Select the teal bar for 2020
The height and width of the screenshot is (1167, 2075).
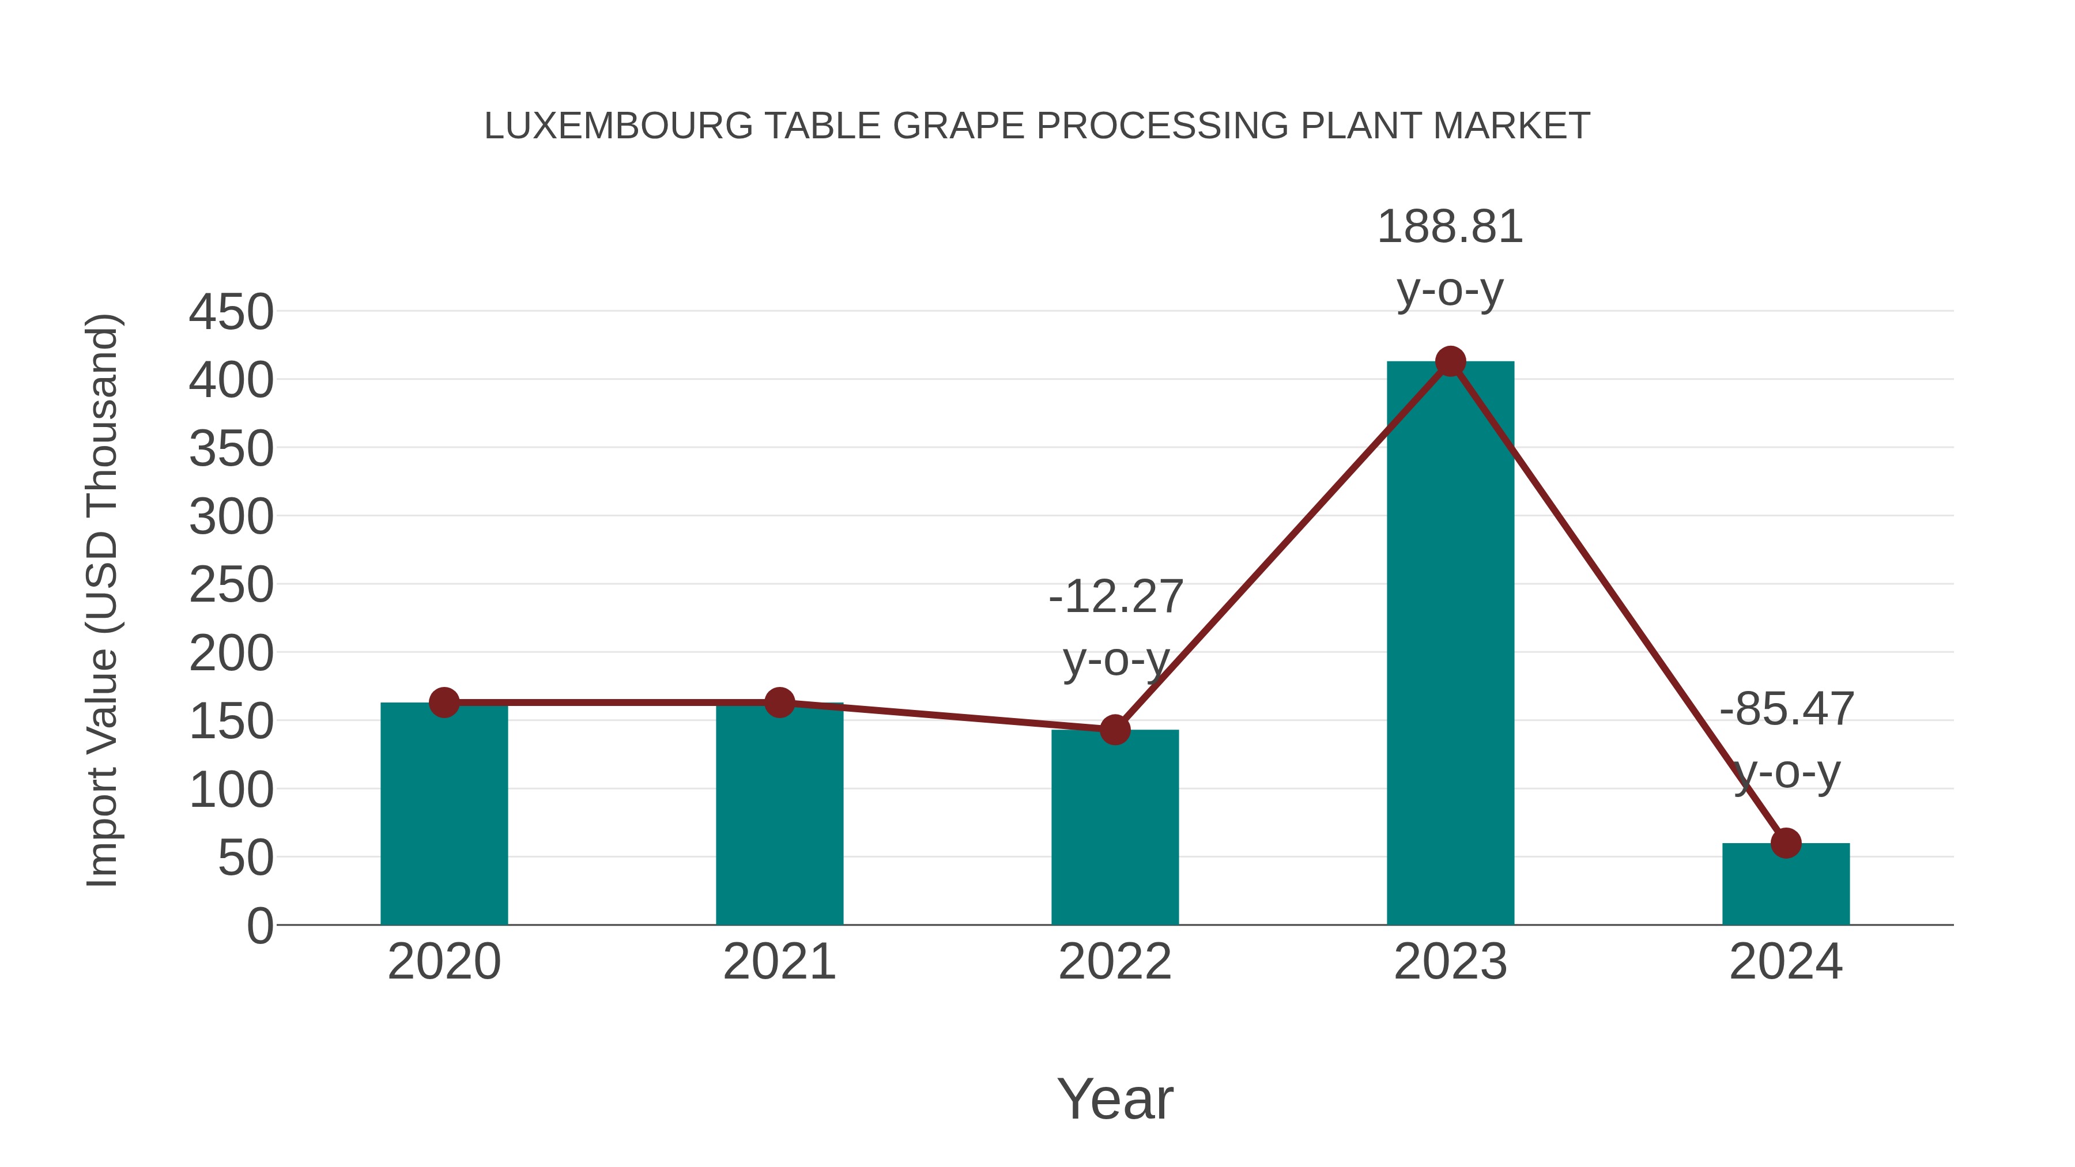coord(444,813)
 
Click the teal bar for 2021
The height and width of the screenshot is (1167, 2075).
coord(779,813)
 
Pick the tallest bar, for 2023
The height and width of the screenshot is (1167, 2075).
coord(1450,644)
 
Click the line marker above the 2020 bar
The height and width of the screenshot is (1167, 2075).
coord(444,703)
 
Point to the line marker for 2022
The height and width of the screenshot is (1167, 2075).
coord(1114,730)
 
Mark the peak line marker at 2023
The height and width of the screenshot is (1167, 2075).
coord(1450,361)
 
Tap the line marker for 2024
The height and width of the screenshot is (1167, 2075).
coord(1785,843)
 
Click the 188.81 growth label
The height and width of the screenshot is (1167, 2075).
coord(1450,227)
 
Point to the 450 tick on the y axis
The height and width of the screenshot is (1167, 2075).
coord(231,312)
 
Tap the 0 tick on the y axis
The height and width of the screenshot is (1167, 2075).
coord(259,926)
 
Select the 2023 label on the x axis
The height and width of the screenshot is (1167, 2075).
coord(1450,962)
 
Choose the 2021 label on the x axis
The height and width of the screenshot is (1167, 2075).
coord(779,962)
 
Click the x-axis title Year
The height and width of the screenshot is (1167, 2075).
coord(1115,1100)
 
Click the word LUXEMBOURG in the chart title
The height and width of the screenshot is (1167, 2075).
coord(618,126)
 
